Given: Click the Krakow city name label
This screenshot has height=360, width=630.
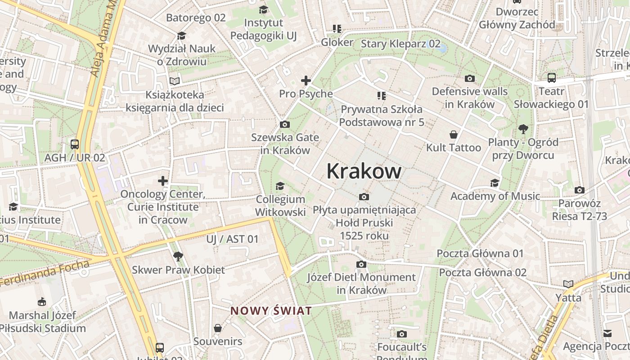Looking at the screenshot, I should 364,171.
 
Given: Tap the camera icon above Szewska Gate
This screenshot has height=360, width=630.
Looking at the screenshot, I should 285,125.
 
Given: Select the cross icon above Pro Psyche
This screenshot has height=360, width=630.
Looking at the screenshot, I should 306,81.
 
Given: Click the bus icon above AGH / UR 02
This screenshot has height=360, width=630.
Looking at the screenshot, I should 75,144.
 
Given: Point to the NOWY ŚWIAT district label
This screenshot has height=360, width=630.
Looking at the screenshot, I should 271,310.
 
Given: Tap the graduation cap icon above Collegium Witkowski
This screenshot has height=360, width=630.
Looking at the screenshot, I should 280,186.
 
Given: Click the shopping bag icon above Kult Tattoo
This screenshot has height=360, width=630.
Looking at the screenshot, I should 454,135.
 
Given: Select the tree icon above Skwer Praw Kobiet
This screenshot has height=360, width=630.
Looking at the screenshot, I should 178,256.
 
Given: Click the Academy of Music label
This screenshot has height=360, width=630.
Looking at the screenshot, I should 495,196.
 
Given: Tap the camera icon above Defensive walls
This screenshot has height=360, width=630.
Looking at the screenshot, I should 470,78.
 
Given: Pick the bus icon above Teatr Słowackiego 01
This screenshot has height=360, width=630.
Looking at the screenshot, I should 552,78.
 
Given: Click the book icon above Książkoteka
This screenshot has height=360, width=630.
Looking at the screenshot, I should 175,81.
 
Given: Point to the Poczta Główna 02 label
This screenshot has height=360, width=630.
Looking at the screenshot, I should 482,272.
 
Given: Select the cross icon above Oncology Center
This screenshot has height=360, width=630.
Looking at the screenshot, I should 163,181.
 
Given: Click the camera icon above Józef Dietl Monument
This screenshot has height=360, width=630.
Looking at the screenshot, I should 361,264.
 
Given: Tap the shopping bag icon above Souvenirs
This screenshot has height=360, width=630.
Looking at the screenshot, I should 218,328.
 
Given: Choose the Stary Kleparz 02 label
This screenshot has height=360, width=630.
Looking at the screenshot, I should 400,44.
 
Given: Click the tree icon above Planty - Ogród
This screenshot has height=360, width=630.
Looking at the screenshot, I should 523,129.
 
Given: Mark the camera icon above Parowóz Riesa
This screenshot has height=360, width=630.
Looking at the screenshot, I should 580,190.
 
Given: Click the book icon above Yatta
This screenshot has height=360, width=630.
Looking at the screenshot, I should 568,284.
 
